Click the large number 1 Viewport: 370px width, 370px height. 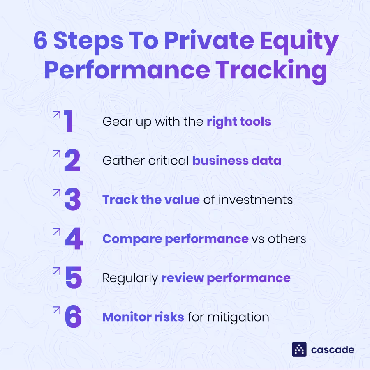pyautogui.click(x=68, y=122)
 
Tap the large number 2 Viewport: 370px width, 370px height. pyautogui.click(x=72, y=161)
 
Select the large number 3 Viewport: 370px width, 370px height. pyautogui.click(x=73, y=200)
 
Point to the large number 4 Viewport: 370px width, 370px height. pyautogui.click(x=73, y=239)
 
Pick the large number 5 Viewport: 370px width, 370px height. pyautogui.click(x=73, y=278)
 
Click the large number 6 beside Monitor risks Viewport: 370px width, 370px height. pyautogui.click(x=73, y=317)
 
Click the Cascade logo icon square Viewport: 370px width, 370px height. pyautogui.click(x=299, y=349)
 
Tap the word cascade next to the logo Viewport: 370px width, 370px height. pyautogui.click(x=333, y=350)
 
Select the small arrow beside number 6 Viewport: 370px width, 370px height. pyautogui.click(x=56, y=310)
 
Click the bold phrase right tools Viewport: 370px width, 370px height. pyautogui.click(x=238, y=122)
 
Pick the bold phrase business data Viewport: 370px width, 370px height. pyautogui.click(x=237, y=161)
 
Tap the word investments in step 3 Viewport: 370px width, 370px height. pyautogui.click(x=256, y=200)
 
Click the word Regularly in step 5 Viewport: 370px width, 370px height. pyautogui.click(x=130, y=278)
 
